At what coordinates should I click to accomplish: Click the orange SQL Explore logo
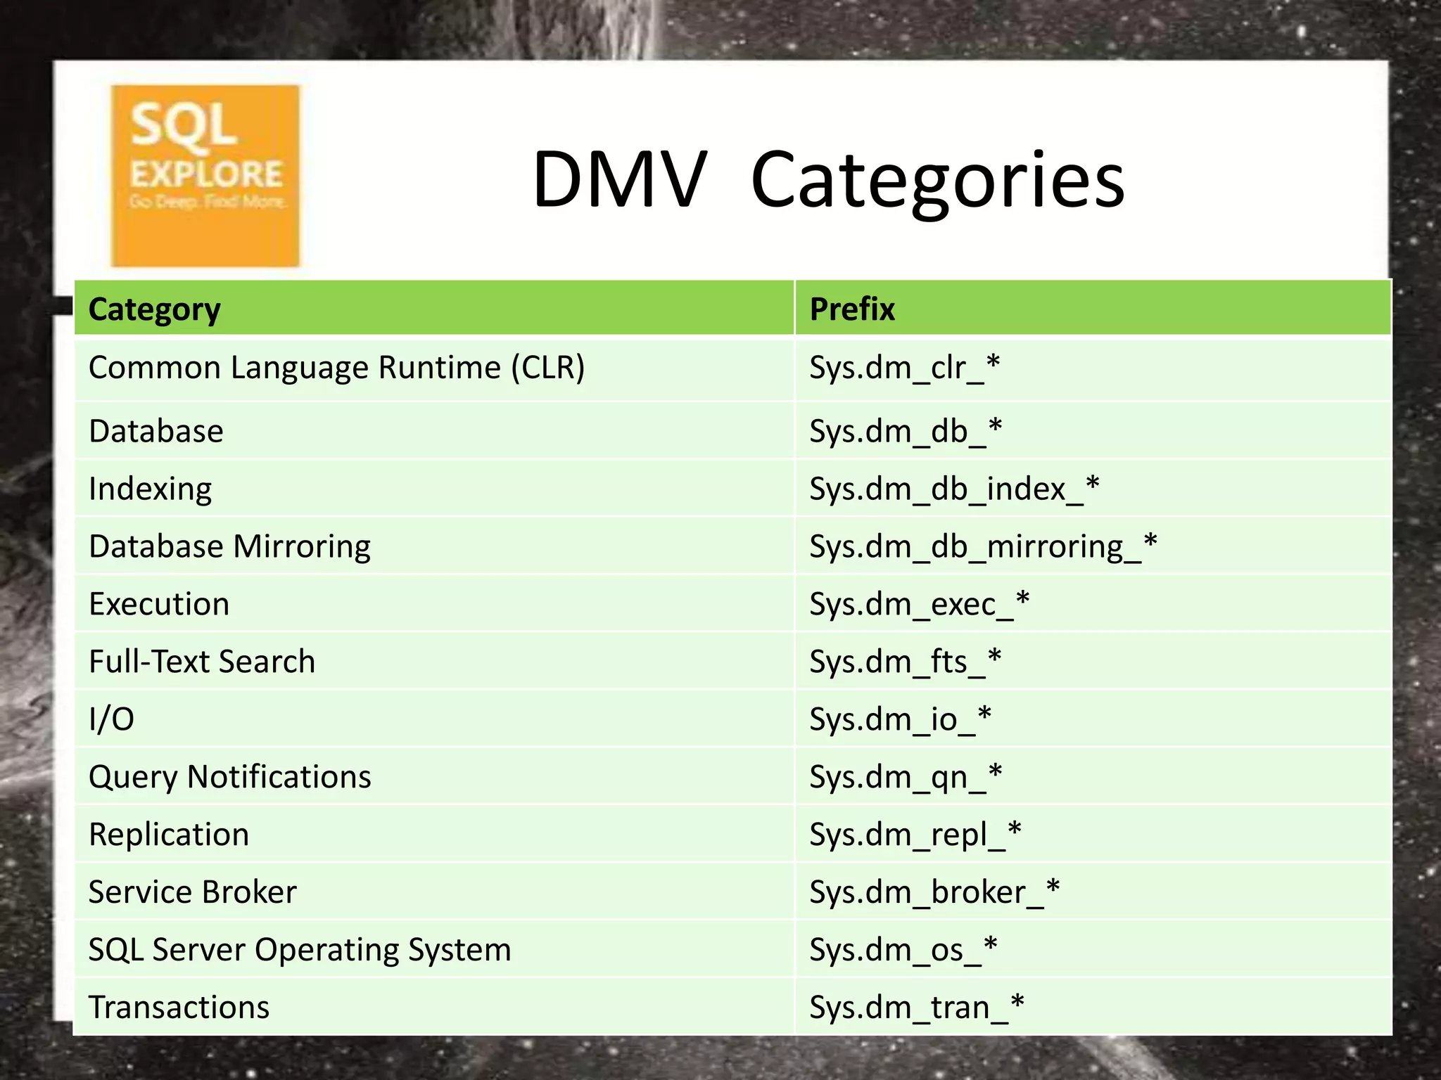click(x=205, y=176)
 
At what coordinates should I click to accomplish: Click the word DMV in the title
click(x=619, y=180)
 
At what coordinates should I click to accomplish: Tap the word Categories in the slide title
click(x=938, y=181)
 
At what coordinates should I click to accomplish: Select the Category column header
click(x=154, y=309)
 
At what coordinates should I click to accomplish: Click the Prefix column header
click(x=852, y=309)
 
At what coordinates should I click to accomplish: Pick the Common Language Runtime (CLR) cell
click(x=336, y=368)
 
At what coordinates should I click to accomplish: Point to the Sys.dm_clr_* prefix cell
click(x=904, y=368)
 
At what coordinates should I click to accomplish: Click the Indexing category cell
click(x=150, y=489)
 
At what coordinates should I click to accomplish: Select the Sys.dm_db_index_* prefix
click(x=953, y=489)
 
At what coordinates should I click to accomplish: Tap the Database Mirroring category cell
click(x=229, y=546)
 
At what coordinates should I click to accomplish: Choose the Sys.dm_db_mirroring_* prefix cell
click(x=982, y=546)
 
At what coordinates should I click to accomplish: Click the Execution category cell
click(x=159, y=604)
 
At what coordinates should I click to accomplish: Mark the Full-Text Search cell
click(x=202, y=662)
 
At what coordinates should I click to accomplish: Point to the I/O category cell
click(x=111, y=719)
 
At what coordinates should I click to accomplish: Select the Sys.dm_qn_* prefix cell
click(x=906, y=777)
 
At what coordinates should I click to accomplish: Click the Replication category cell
click(x=169, y=835)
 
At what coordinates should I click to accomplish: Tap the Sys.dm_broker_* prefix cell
click(x=934, y=892)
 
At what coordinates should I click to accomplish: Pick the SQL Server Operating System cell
click(x=300, y=950)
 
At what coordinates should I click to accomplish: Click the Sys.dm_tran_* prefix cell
click(x=916, y=1008)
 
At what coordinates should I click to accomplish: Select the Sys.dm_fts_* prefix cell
click(x=905, y=662)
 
